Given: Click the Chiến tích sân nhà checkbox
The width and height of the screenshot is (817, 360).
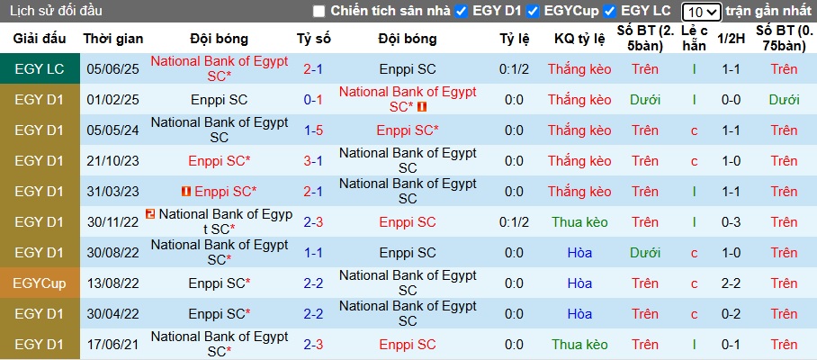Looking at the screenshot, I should click(x=319, y=12).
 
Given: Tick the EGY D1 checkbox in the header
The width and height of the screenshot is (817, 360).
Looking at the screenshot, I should click(x=462, y=12).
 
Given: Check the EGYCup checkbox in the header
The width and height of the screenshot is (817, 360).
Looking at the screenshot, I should click(x=534, y=12).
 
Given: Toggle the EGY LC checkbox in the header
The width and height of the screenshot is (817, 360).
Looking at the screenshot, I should click(x=610, y=12).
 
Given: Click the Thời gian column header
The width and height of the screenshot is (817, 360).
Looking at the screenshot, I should click(x=113, y=39).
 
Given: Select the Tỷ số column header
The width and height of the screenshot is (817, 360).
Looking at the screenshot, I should click(x=314, y=39).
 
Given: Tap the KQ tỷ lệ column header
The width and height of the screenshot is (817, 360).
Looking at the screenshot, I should click(x=579, y=39).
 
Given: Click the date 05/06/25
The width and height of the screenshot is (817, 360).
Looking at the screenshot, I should click(x=113, y=69).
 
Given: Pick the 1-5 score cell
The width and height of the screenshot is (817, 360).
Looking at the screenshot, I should click(x=313, y=130).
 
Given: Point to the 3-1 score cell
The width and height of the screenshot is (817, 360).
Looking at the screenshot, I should click(x=313, y=161).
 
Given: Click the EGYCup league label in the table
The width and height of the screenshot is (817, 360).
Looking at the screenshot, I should click(x=40, y=283).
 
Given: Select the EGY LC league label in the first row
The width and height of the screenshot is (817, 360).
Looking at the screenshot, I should click(x=40, y=69).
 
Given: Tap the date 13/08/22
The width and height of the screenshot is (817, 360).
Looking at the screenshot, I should click(x=113, y=283).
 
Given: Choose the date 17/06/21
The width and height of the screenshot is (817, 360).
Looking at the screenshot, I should click(x=113, y=345).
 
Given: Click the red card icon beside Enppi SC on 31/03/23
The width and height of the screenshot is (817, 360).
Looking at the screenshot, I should click(x=186, y=192).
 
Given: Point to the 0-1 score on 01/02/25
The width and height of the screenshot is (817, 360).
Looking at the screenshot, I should click(x=313, y=100).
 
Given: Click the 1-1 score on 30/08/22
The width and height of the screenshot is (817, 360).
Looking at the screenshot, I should click(x=313, y=253).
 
